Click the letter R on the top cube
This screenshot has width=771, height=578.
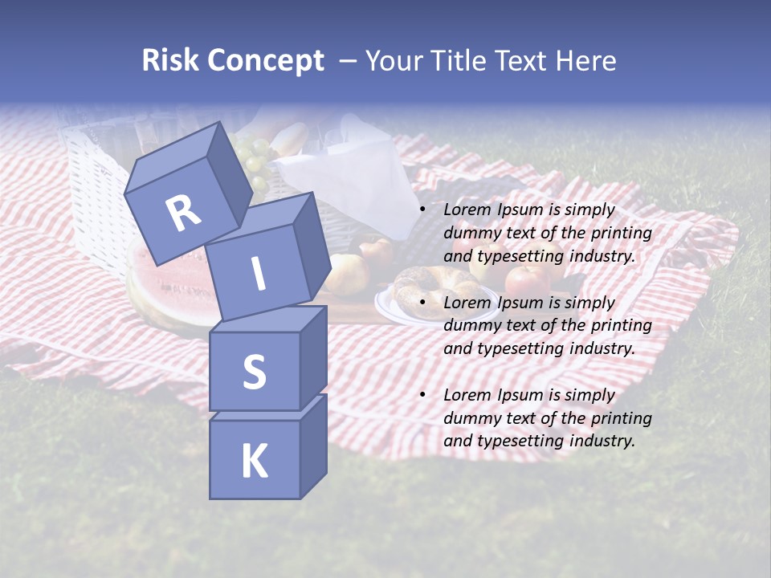click(183, 212)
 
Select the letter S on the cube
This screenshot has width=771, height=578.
click(254, 372)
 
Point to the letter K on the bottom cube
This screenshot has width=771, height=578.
click(254, 462)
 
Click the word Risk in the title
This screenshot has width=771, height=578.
click(171, 61)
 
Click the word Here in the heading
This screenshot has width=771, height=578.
click(584, 61)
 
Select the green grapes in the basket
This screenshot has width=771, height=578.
click(253, 161)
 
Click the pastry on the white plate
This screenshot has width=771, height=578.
click(426, 283)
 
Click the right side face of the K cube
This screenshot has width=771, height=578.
click(313, 446)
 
